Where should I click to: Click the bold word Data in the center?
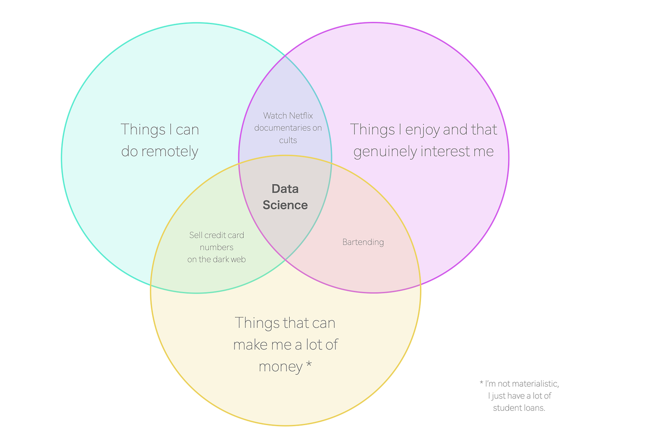click(285, 189)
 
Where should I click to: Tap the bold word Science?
click(285, 205)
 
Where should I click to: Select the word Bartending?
click(363, 242)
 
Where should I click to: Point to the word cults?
click(288, 140)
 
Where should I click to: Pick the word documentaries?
click(282, 128)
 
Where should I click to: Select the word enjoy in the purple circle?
click(422, 130)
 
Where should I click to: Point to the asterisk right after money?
click(309, 363)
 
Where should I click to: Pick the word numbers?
click(216, 248)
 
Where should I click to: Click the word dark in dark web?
click(222, 259)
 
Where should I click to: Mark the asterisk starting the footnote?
click(481, 383)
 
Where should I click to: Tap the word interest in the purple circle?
click(446, 151)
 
